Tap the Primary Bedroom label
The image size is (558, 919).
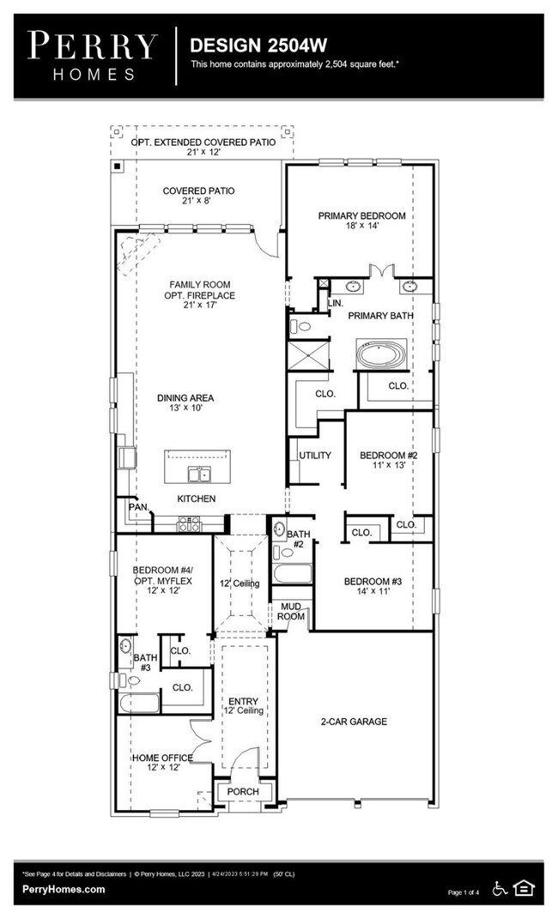tap(361, 215)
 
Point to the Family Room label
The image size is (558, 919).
tap(199, 284)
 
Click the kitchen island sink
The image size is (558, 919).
tap(200, 475)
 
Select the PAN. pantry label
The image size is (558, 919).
tap(137, 507)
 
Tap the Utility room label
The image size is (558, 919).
tap(314, 455)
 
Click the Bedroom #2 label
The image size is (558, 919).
tap(388, 455)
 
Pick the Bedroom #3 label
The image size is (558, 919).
tap(373, 581)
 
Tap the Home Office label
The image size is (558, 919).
tap(161, 758)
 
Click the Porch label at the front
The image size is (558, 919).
tap(243, 791)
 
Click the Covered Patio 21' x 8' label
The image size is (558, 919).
tap(198, 190)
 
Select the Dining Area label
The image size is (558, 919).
tap(185, 397)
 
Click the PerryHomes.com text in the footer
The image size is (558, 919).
tap(64, 890)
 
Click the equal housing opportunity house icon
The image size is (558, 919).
tap(523, 888)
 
